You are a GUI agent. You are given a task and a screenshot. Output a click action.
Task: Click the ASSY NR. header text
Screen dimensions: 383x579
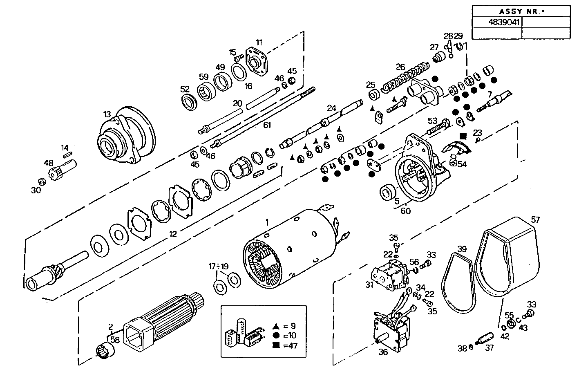tap(521, 11)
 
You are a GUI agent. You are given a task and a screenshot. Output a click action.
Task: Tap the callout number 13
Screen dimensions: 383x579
tap(107, 114)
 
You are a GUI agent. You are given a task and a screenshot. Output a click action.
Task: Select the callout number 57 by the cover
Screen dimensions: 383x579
tap(535, 220)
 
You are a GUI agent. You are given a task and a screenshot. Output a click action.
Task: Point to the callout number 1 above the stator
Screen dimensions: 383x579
tap(267, 222)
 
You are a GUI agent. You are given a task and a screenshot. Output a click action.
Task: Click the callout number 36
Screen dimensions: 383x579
tap(382, 352)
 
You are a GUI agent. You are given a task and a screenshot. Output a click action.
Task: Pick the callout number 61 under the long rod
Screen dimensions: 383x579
tap(267, 125)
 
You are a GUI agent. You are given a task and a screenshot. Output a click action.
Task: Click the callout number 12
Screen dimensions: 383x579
tap(173, 234)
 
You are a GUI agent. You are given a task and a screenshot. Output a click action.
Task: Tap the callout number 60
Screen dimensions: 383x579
tap(405, 211)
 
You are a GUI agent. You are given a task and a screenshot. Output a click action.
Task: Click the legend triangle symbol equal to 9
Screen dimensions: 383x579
tap(276, 326)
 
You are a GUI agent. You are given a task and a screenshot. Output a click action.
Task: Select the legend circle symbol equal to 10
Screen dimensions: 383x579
tap(276, 336)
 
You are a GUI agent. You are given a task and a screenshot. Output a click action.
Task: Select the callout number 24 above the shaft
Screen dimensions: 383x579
tap(331, 108)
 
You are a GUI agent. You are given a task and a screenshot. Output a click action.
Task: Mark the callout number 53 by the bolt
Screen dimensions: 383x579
tap(432, 121)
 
